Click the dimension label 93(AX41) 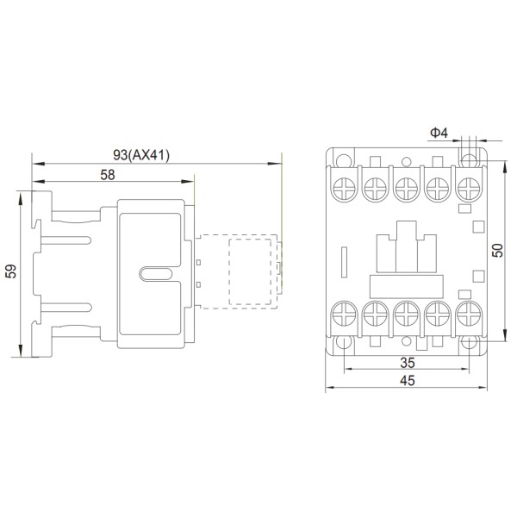tap(142, 155)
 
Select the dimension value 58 tap(107, 174)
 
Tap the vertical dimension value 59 tap(11, 272)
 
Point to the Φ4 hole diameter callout tap(438, 132)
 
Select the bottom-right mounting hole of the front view tap(469, 344)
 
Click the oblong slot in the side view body tap(156, 274)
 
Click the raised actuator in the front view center tap(406, 246)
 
